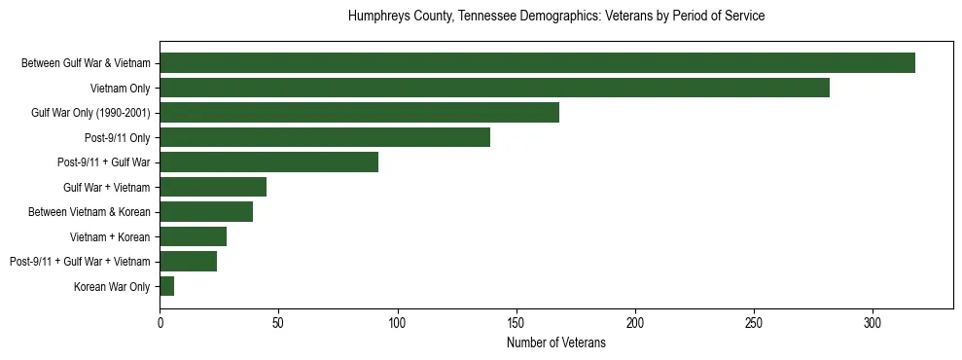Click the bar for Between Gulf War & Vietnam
click(x=537, y=63)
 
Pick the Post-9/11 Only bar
click(x=325, y=137)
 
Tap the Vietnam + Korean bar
click(x=193, y=236)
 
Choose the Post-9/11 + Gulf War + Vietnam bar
click(x=188, y=261)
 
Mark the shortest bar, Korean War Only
click(x=166, y=286)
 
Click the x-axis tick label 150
click(x=517, y=321)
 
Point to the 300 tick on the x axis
click(x=873, y=321)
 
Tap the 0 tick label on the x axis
click(x=160, y=321)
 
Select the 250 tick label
click(x=754, y=321)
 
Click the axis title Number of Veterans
click(x=556, y=342)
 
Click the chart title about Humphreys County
click(x=556, y=17)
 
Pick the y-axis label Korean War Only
click(x=112, y=286)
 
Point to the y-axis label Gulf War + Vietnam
click(x=107, y=187)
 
